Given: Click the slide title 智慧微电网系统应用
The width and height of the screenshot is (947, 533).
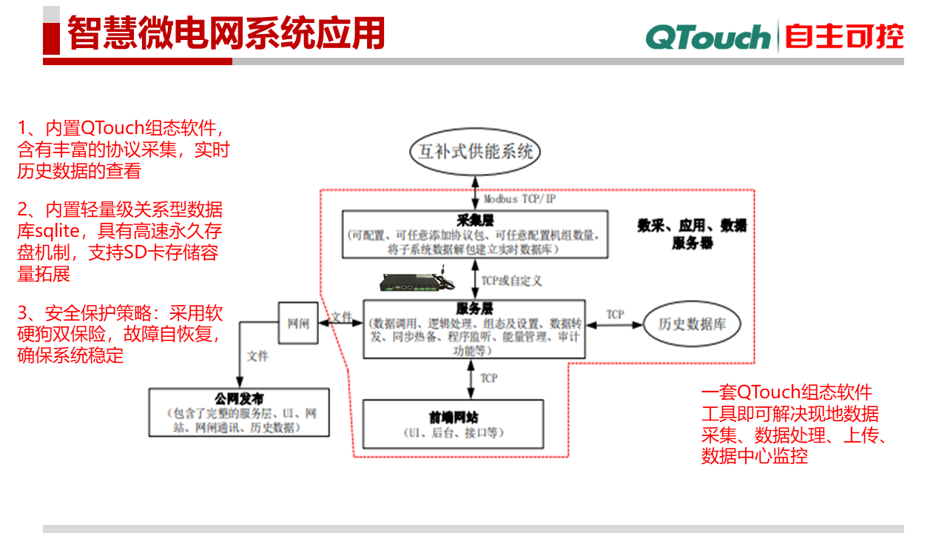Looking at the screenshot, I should tap(226, 34).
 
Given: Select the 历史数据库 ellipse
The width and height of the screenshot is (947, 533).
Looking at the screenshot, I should tap(690, 324).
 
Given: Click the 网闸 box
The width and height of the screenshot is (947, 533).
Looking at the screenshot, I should tap(297, 324).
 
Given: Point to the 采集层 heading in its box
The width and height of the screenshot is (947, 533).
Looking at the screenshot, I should tap(475, 220).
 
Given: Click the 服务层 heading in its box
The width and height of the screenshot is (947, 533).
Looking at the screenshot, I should tap(474, 309).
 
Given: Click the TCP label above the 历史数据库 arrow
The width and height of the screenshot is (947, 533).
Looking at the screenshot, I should tap(616, 315).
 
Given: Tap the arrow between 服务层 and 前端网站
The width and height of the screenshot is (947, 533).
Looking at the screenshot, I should tap(473, 379).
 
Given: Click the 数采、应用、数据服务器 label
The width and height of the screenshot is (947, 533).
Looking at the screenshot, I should tap(692, 234).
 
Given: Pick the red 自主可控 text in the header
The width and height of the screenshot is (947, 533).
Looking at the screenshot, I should tap(844, 36).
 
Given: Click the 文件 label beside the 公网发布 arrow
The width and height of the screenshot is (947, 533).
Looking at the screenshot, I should tap(257, 356).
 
